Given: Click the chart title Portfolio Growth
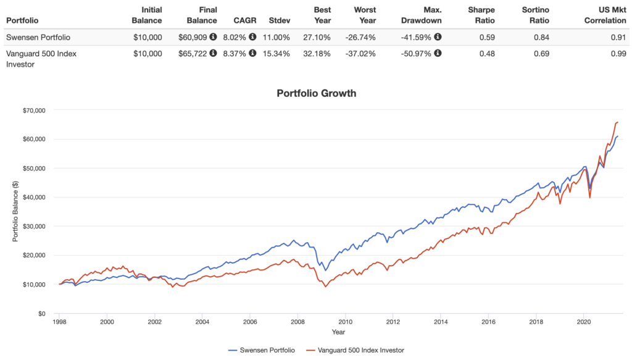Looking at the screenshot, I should click(316, 94).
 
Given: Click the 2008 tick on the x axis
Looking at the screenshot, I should click(297, 322).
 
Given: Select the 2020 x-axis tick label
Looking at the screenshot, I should click(583, 322).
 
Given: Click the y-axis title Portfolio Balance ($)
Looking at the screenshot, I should click(15, 212).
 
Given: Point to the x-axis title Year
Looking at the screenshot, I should click(338, 332).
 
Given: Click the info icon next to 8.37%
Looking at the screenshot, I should click(252, 53).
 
